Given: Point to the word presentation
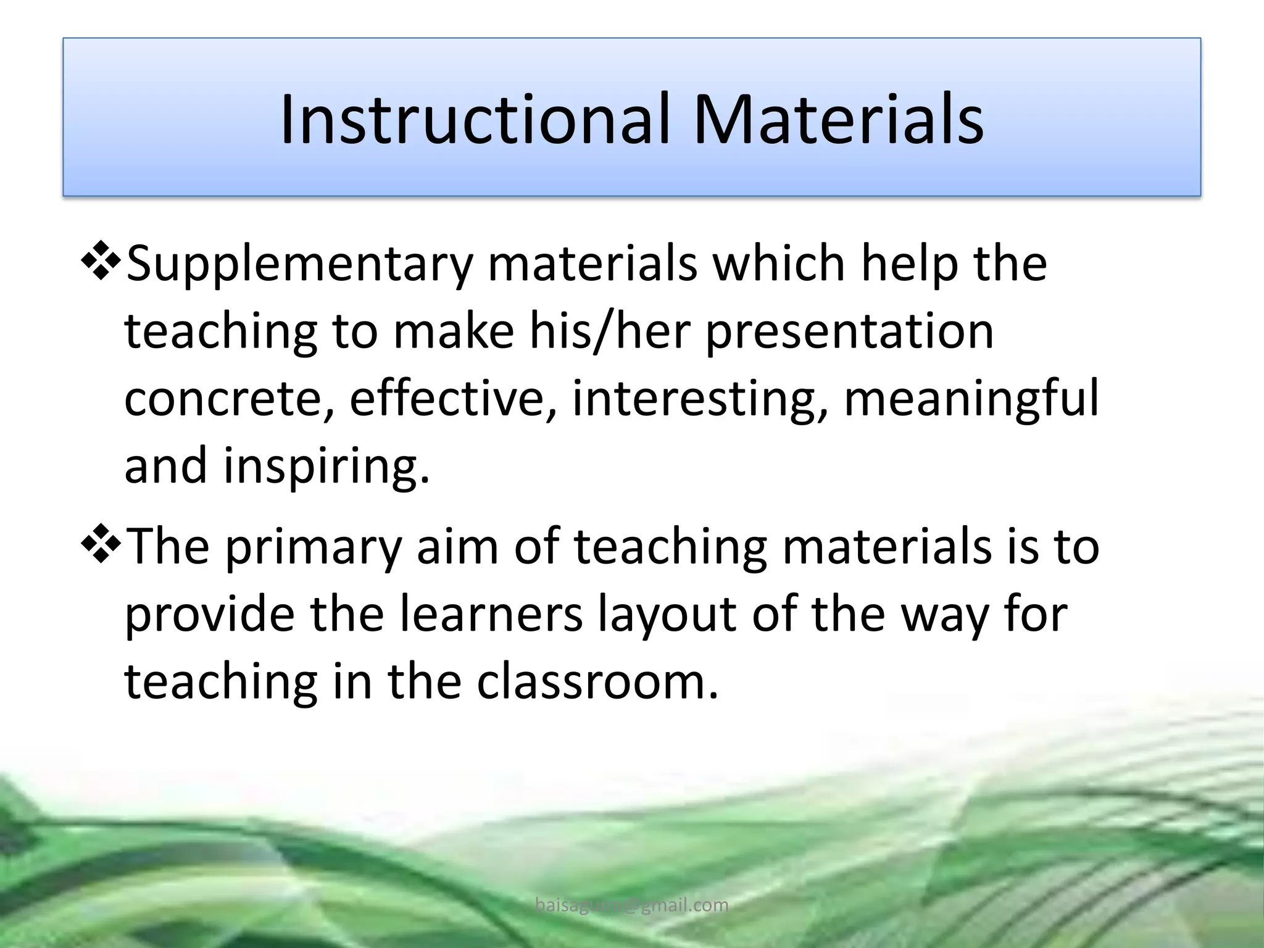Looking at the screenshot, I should (x=849, y=331).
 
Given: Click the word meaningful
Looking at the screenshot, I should (x=971, y=399).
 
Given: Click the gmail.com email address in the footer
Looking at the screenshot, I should (x=631, y=905).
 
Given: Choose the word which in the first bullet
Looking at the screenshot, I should (x=778, y=264).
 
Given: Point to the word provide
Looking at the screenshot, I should (x=209, y=615).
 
